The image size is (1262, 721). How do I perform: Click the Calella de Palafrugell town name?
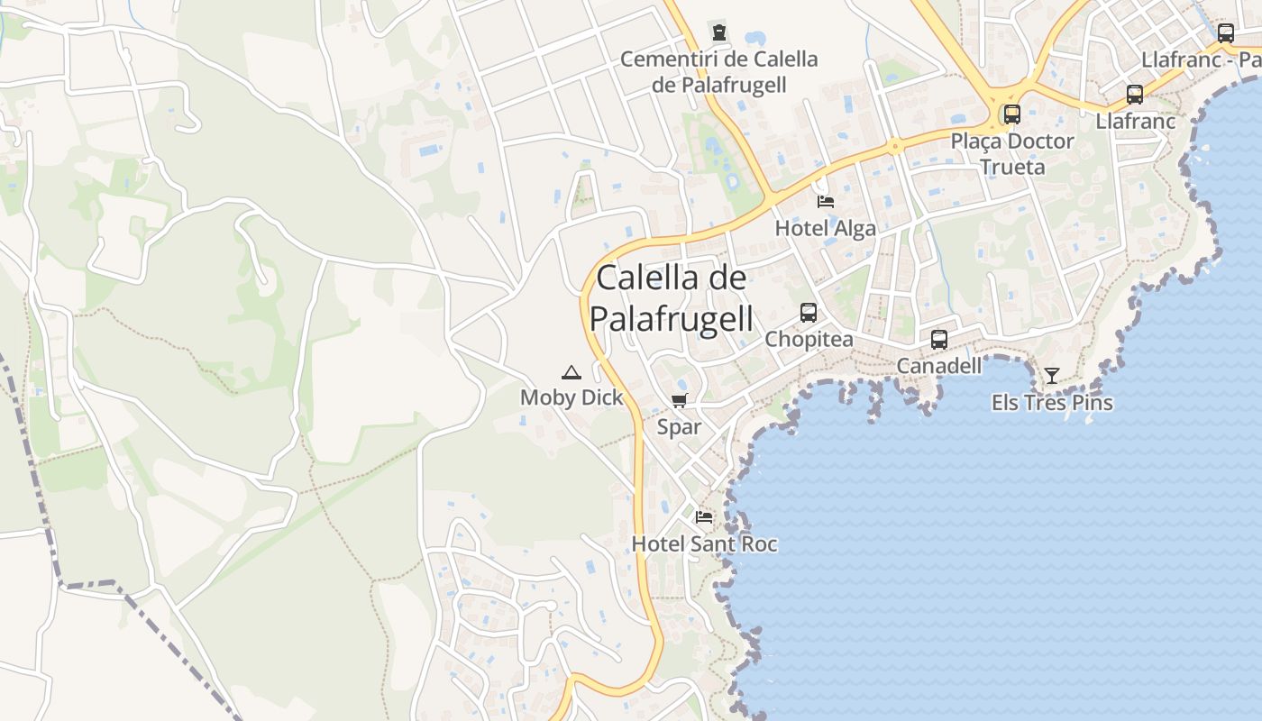pos(672,298)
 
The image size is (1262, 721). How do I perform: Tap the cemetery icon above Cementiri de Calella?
pos(718,33)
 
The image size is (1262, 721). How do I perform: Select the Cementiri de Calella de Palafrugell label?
pos(719,72)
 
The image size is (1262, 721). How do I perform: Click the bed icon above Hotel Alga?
pos(825,201)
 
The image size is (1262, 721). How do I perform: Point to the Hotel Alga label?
pos(825,228)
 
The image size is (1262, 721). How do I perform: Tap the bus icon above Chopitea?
pos(809,313)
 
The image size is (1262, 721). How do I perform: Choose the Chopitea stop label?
pos(809,339)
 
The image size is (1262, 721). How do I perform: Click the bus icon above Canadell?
pos(938,340)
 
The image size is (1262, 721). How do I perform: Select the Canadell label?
pos(938,366)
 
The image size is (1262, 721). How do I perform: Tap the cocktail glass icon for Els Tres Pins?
pos(1051,376)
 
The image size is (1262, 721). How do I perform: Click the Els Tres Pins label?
pos(1052,403)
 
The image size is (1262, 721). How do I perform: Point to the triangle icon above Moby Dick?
pos(571,372)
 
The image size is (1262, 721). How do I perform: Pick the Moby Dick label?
pos(572,397)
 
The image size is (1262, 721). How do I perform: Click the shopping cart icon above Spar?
pos(679,401)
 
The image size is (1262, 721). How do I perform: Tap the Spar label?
pos(679,427)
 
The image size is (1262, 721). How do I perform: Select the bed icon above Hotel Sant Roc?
pos(704,517)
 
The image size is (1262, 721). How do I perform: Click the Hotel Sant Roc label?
pos(704,543)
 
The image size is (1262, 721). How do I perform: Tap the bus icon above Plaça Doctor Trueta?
pos(1012,114)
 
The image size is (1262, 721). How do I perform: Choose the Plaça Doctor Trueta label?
pos(1012,154)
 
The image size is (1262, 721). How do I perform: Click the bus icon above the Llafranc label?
pos(1135,95)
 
